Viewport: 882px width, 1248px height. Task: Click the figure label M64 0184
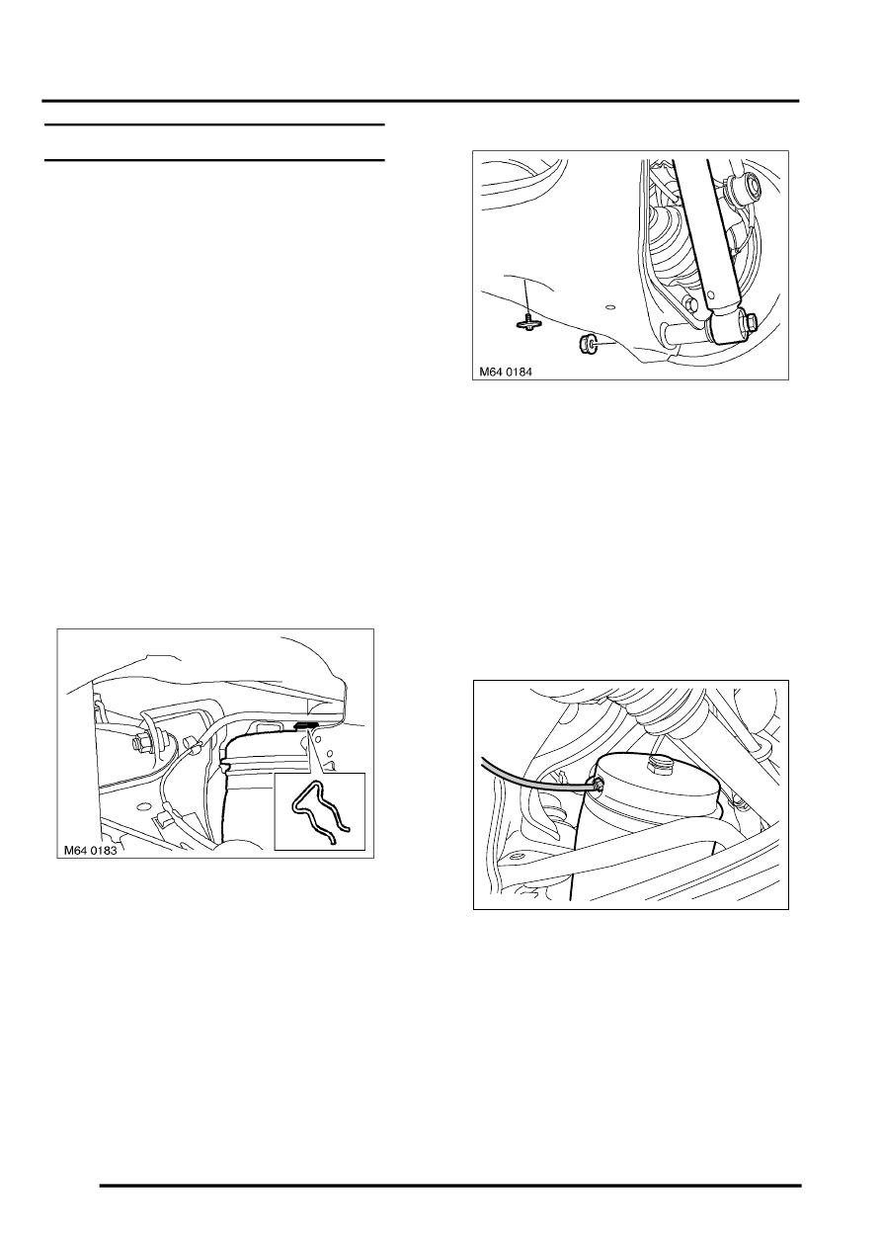(x=506, y=372)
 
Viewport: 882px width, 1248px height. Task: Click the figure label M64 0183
(x=90, y=851)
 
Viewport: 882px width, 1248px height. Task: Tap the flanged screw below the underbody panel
(x=529, y=322)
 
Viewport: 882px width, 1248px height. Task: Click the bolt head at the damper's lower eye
(x=750, y=321)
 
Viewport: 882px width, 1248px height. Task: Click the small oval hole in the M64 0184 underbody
(x=610, y=306)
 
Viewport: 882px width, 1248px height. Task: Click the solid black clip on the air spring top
(x=306, y=725)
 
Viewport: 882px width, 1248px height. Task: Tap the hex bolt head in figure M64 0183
(x=139, y=743)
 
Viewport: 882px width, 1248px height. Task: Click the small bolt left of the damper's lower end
(x=691, y=303)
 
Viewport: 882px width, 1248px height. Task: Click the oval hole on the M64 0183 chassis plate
(x=145, y=804)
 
